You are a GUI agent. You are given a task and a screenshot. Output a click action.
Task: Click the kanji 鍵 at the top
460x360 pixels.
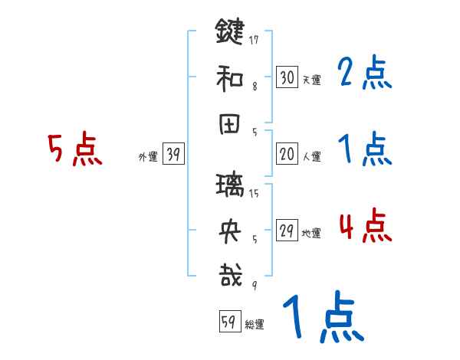click(x=229, y=34)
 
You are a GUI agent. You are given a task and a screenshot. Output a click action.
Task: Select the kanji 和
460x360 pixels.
click(x=229, y=77)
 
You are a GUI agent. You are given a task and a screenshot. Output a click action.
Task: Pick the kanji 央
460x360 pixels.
click(x=229, y=229)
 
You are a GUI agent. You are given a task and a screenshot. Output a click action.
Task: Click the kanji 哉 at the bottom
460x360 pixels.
click(x=229, y=274)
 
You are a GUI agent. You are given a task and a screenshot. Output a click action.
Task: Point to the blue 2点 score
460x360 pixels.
click(x=364, y=74)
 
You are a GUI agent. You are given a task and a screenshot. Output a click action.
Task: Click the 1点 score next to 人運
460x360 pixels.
click(x=364, y=149)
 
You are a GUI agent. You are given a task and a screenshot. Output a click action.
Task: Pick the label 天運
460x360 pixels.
click(x=310, y=79)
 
